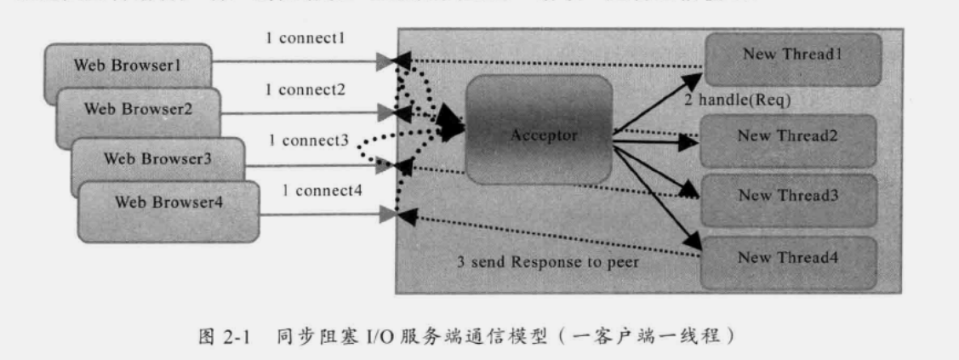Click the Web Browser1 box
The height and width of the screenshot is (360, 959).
[128, 66]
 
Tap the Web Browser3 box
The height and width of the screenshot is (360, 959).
[157, 157]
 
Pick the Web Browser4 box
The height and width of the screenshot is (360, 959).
[168, 203]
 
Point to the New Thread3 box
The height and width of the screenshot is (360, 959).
[788, 195]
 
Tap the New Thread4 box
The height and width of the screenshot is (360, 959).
[788, 259]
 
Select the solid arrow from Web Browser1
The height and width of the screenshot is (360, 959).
[298, 61]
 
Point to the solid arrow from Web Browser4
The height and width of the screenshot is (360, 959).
[323, 217]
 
